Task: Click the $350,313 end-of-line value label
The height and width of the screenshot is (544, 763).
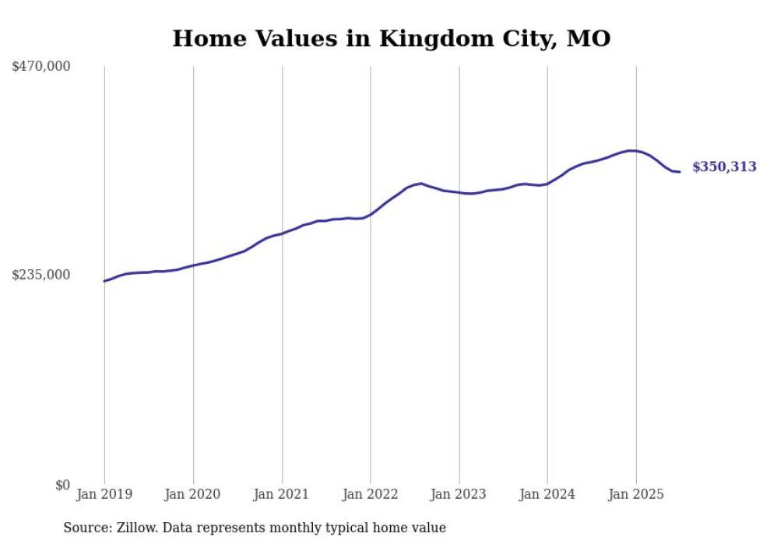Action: (723, 167)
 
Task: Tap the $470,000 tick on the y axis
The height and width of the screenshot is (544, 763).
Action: (41, 67)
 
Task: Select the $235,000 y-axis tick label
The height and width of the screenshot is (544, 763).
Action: (41, 275)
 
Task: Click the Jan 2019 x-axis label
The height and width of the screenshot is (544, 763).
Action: (104, 494)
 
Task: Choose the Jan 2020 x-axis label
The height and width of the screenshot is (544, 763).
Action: (193, 494)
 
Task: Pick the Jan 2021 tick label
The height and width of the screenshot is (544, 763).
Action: (282, 494)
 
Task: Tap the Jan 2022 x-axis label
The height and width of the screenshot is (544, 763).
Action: (371, 494)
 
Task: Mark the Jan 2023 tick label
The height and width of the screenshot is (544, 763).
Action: (459, 494)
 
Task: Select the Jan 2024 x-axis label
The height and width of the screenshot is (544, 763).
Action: (547, 494)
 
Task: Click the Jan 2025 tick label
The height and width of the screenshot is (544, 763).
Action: (636, 494)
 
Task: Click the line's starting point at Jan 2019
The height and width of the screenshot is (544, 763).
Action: (104, 281)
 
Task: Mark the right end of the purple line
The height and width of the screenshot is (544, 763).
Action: (680, 172)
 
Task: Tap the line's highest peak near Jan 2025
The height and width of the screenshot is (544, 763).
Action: (631, 150)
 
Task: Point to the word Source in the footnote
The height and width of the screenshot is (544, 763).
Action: (85, 528)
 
